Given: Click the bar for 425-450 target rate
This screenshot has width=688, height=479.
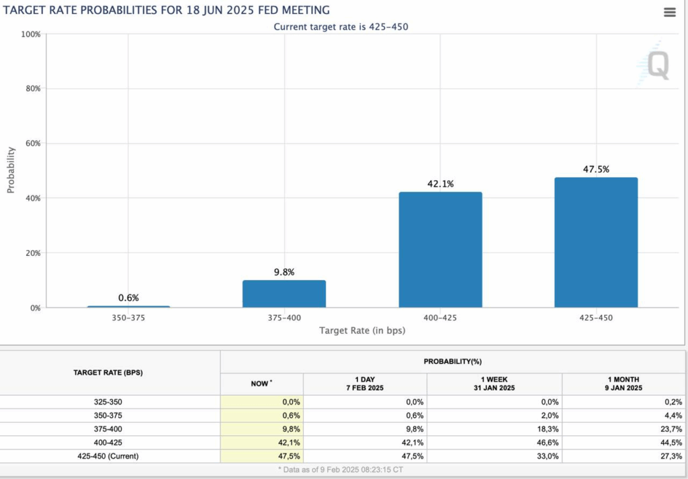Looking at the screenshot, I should click(596, 243).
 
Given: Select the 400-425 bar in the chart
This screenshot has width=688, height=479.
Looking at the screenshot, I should click(440, 250).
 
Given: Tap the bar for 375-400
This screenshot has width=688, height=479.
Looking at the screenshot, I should click(284, 294).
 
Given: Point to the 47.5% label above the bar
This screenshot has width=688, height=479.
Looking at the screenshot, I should click(596, 169).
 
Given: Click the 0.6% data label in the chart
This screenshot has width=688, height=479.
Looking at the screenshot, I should click(128, 298).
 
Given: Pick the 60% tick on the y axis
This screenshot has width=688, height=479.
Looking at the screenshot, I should click(32, 144).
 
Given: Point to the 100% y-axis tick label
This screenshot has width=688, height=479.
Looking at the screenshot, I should click(31, 34).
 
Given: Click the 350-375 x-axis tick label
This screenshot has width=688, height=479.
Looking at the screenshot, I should click(128, 318).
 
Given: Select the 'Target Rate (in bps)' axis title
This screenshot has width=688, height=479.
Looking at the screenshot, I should click(362, 331).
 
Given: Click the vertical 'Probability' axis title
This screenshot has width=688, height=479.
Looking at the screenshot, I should click(11, 170).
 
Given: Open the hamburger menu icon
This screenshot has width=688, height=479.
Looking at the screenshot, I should click(669, 13).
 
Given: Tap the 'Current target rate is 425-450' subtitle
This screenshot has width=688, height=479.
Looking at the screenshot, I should click(341, 27).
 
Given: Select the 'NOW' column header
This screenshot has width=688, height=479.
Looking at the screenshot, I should click(261, 383).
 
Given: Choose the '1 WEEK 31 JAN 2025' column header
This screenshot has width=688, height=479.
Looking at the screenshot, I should click(494, 384).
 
